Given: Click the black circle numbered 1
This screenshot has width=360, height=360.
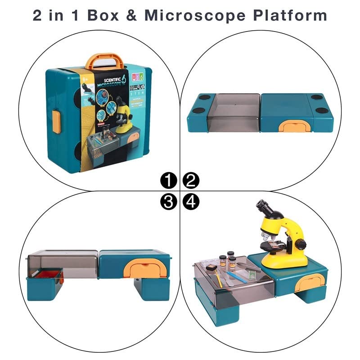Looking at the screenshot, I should click(x=168, y=181).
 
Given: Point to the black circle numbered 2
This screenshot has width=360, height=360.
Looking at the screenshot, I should click(x=191, y=181).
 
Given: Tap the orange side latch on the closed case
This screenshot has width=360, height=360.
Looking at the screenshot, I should click(x=56, y=121).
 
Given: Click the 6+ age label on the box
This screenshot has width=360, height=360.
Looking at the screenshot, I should click(x=85, y=79).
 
